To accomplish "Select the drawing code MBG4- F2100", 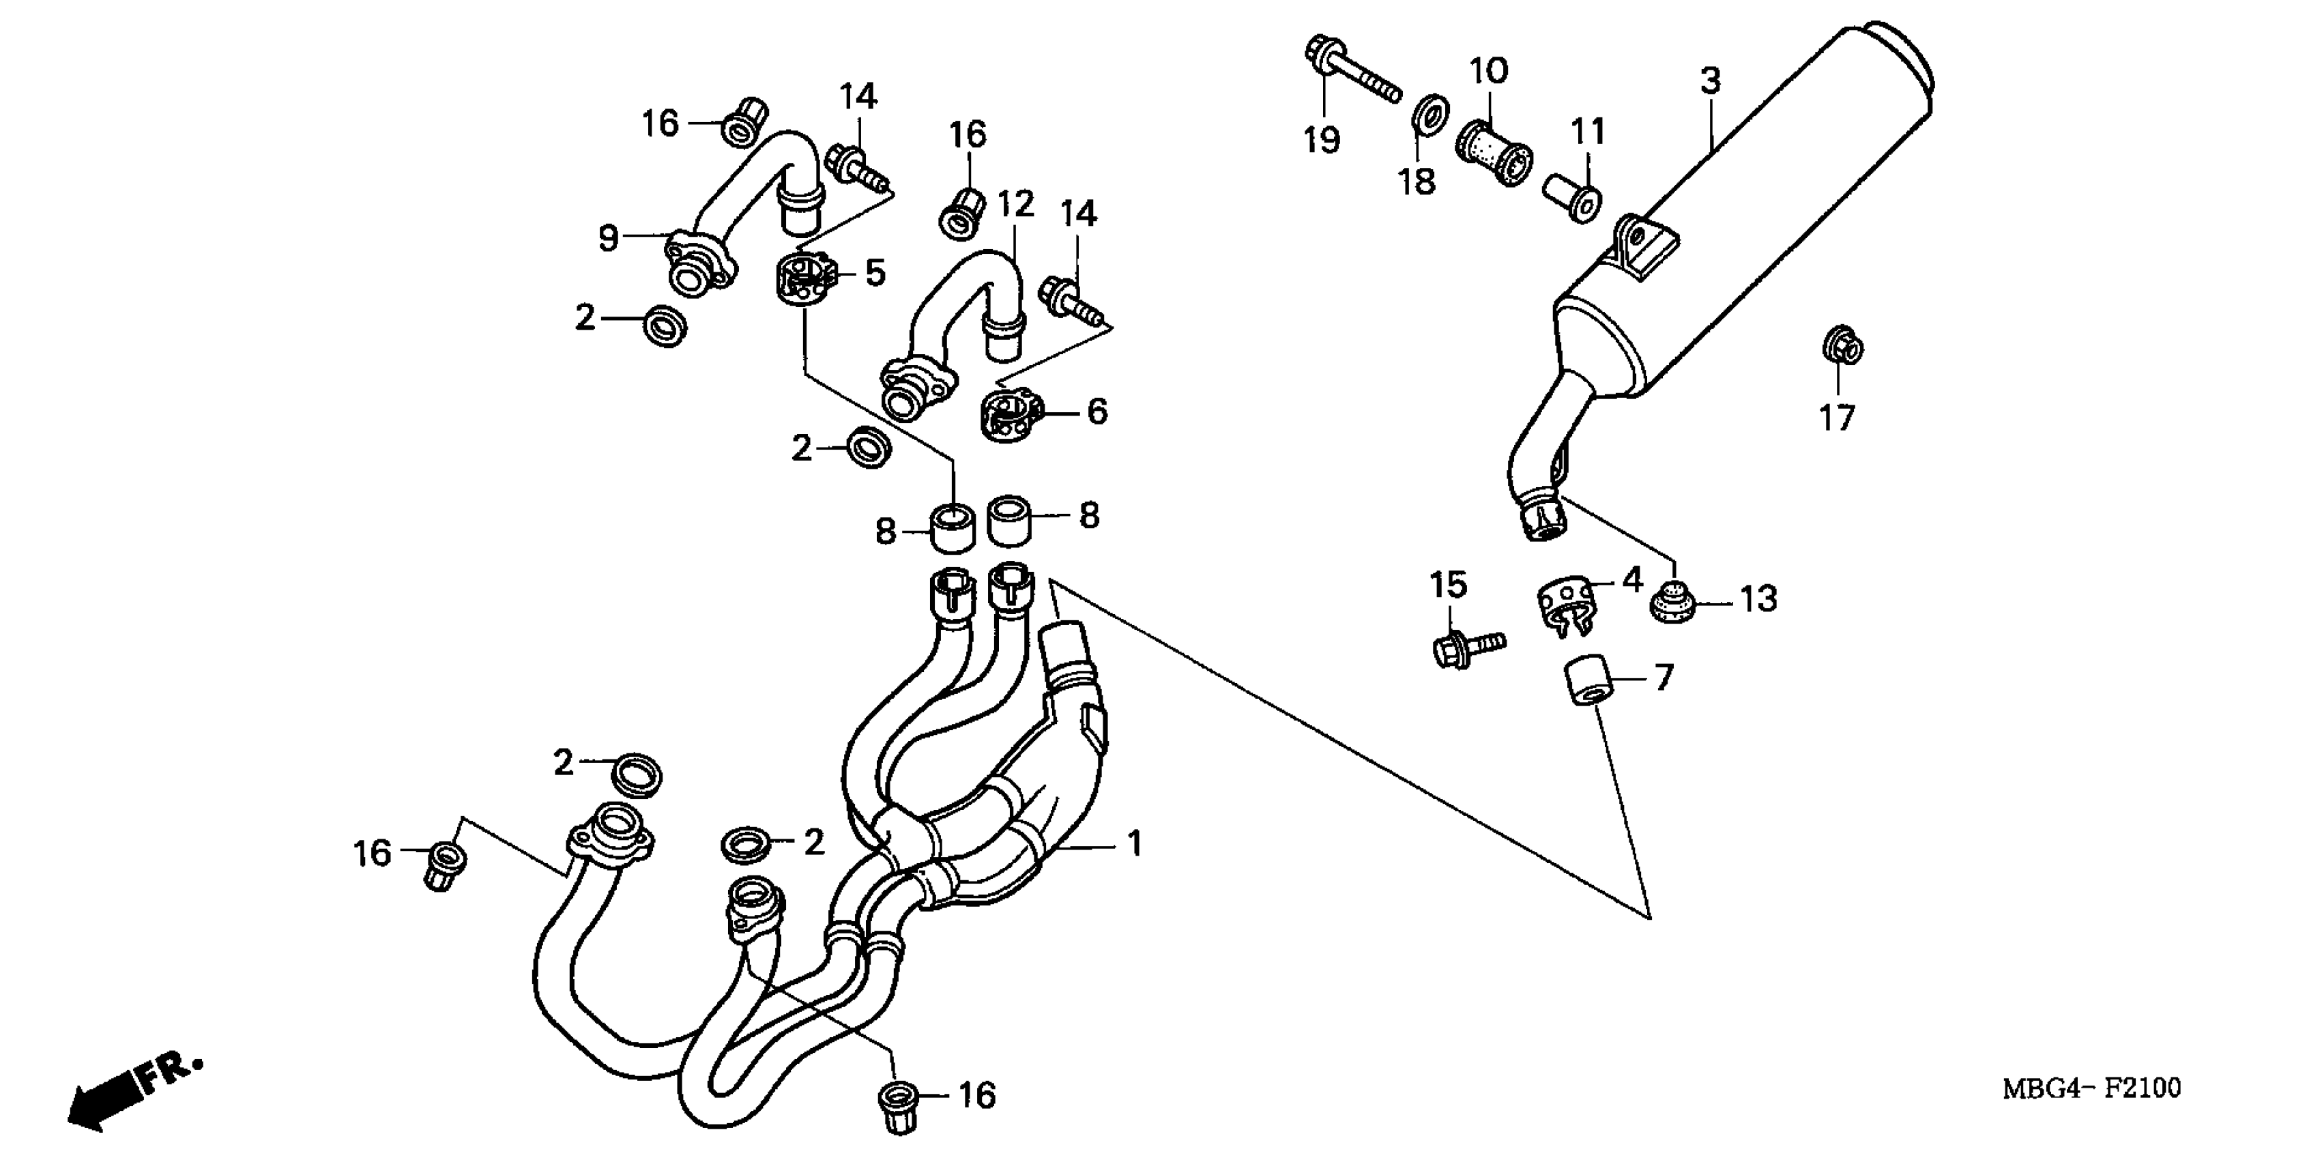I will pyautogui.click(x=2091, y=1089).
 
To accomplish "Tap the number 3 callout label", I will pyautogui.click(x=1710, y=81).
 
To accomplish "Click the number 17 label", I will pyautogui.click(x=1837, y=418).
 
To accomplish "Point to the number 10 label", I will pyautogui.click(x=1489, y=70).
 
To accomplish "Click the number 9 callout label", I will pyautogui.click(x=609, y=239).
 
